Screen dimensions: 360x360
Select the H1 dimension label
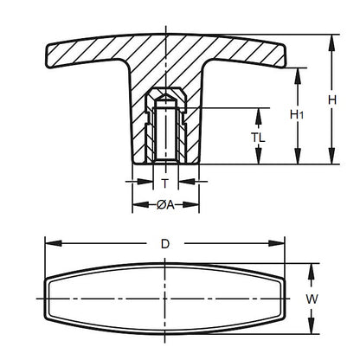(x=297, y=114)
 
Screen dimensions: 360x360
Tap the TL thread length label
(x=259, y=137)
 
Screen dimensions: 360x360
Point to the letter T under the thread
(x=164, y=183)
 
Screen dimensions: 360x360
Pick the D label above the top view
(x=164, y=244)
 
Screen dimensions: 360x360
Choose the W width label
(x=313, y=299)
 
